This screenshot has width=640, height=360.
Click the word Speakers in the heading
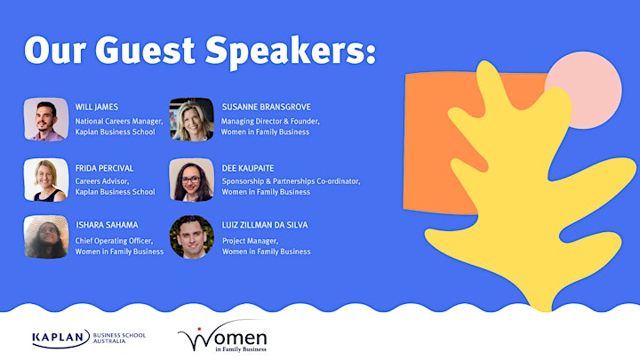point(290,52)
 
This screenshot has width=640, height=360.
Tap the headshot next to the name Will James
point(46,119)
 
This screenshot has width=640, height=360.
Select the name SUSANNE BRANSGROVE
point(266,107)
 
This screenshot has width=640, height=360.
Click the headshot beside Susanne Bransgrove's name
point(191,119)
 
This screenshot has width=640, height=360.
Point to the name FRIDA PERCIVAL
point(104,168)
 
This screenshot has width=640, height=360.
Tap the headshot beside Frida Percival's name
point(46,180)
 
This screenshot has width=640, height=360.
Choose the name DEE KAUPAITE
point(248,168)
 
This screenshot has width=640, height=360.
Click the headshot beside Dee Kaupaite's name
point(191,180)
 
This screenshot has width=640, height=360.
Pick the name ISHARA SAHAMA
point(107,225)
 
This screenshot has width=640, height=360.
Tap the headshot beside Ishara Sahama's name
point(46,236)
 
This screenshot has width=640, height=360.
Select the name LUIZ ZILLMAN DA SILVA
point(265,225)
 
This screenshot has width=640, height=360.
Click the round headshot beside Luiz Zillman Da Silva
point(191,236)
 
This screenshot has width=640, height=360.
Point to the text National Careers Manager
point(119,121)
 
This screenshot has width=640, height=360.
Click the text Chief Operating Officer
point(114,241)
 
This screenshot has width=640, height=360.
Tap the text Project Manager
point(250,241)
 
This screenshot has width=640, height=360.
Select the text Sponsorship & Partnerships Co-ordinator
point(291,181)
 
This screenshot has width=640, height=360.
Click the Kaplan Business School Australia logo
point(89,339)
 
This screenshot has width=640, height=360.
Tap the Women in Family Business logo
point(223,336)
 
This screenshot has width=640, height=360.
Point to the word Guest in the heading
point(145,50)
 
